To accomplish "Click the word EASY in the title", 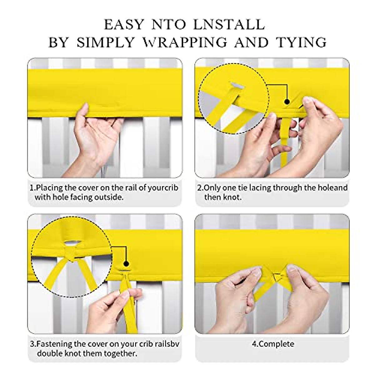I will point(124,25).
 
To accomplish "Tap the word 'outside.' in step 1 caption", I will point(107,197).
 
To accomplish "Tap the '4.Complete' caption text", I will point(273,344).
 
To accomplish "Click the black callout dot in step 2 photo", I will point(287,102).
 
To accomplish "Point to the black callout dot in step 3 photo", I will point(126,263).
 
